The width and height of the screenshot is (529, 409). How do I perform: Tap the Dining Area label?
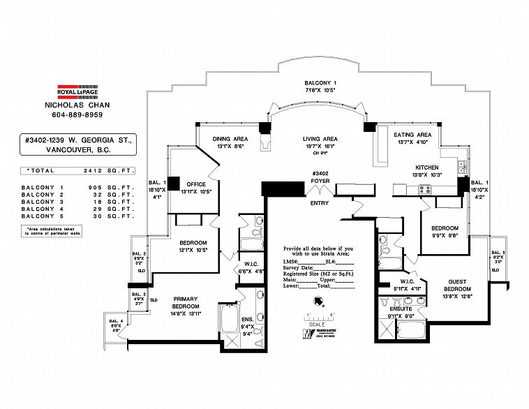pyautogui.click(x=230, y=139)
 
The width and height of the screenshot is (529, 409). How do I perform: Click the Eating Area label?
pyautogui.click(x=412, y=135)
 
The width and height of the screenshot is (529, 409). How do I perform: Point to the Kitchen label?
pyautogui.click(x=426, y=168)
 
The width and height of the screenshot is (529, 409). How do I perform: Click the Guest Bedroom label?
pyautogui.click(x=458, y=285)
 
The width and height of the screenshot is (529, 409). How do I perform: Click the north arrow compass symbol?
pyautogui.click(x=319, y=302)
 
